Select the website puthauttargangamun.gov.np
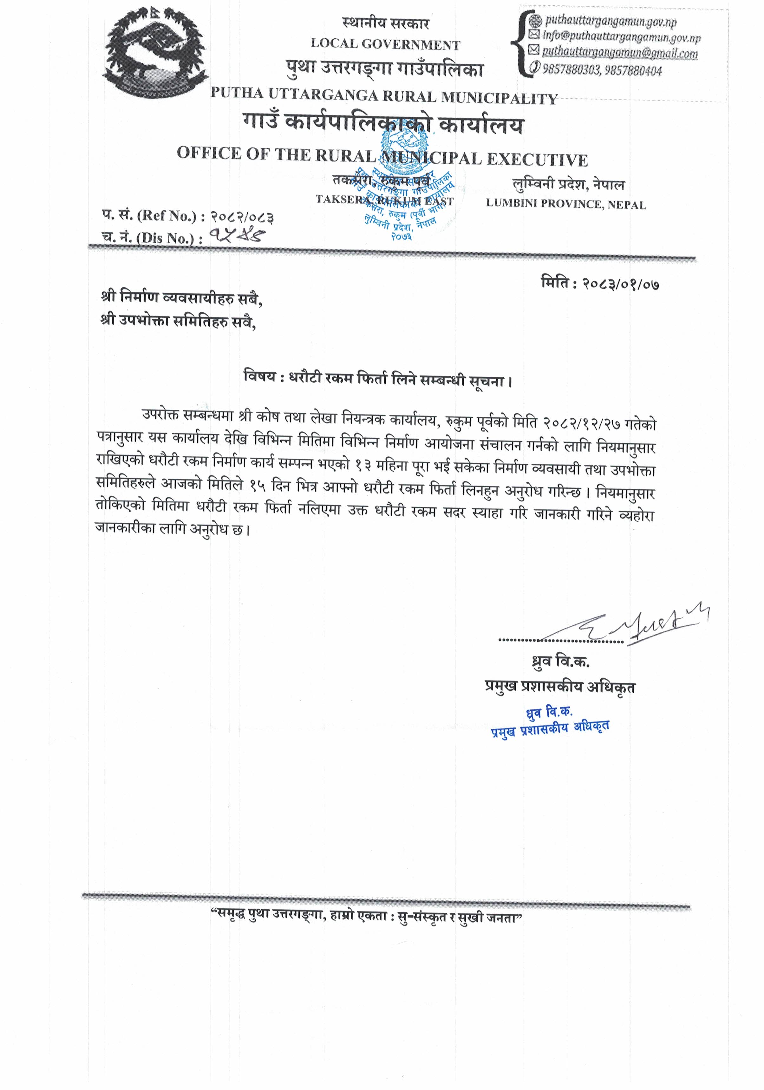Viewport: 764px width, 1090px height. click(611, 21)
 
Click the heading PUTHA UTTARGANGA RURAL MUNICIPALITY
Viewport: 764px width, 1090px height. click(384, 96)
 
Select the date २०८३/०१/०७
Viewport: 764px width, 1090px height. click(621, 284)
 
